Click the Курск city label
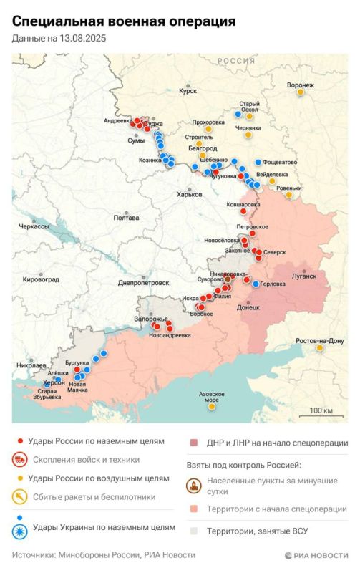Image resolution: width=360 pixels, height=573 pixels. (188, 91)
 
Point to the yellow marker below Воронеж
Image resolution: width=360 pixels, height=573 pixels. (301, 92)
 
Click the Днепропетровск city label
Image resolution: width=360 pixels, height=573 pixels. (143, 282)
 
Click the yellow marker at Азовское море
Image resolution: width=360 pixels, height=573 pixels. (211, 408)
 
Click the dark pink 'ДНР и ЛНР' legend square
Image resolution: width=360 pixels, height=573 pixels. (193, 443)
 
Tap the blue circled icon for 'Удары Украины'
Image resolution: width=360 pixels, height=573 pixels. (22, 531)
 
